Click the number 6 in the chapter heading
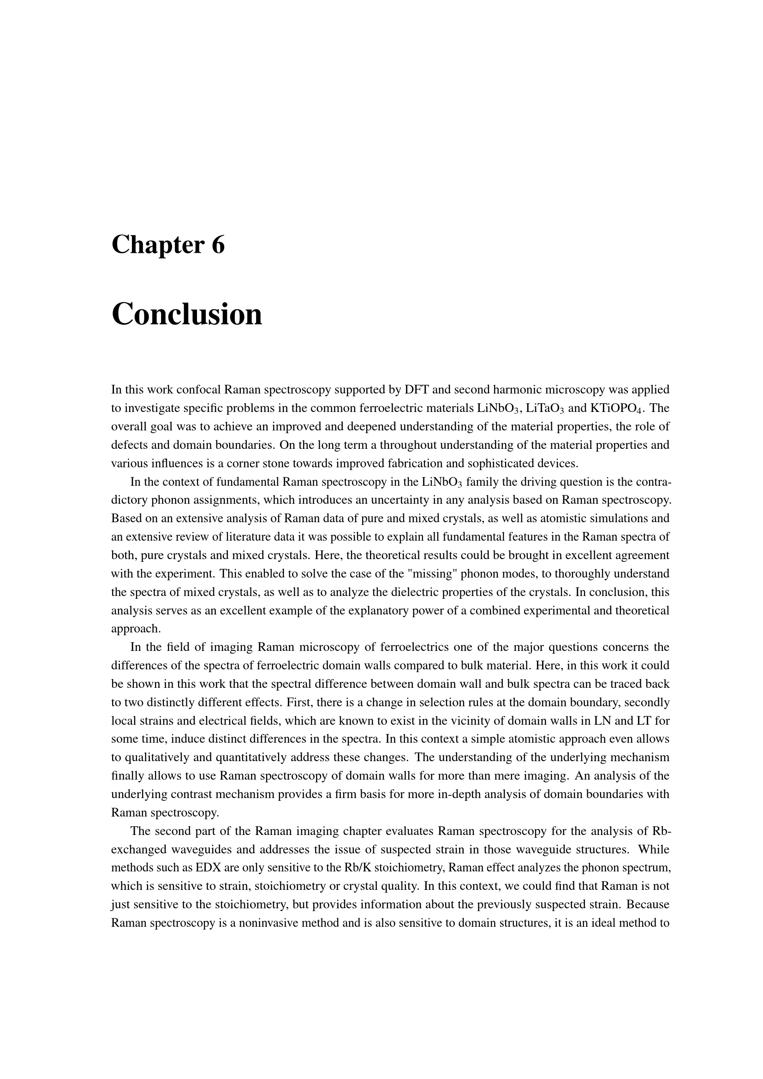[218, 245]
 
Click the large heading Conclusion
[186, 315]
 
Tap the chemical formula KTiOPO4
[616, 408]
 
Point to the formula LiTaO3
[545, 408]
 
